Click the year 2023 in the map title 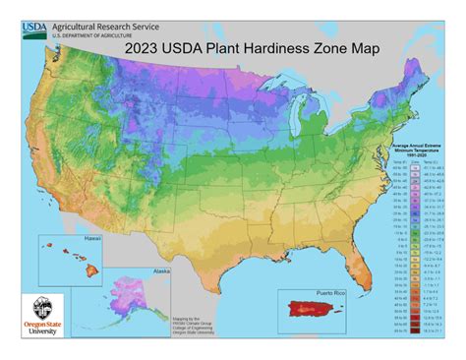coord(141,46)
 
